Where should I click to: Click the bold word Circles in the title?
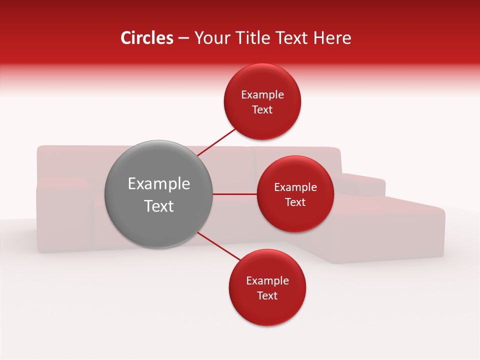click(146, 38)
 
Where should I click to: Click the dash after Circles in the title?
click(183, 38)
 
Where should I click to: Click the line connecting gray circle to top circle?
click(216, 143)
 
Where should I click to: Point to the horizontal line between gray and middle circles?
click(234, 194)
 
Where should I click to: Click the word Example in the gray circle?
click(158, 184)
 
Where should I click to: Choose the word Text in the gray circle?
click(158, 206)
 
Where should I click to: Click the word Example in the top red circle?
click(262, 95)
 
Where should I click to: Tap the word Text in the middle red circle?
click(295, 202)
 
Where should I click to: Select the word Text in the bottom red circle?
click(267, 296)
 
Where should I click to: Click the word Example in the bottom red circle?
click(267, 281)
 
